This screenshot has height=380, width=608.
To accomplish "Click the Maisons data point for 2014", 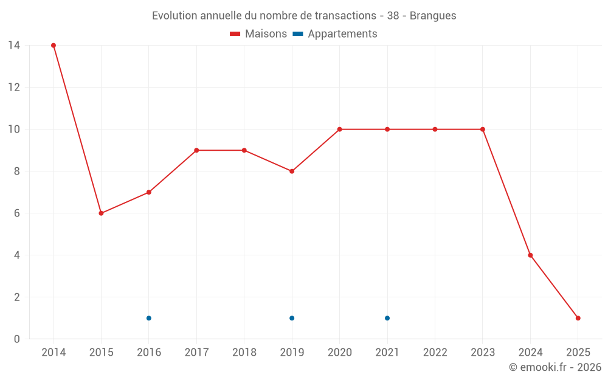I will pyautogui.click(x=54, y=46).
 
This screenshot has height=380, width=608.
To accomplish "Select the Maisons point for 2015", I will pyautogui.click(x=101, y=213).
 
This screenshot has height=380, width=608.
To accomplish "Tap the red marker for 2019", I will pyautogui.click(x=292, y=171).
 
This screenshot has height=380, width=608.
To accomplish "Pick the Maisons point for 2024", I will pyautogui.click(x=530, y=255).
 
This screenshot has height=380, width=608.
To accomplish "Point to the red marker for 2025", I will pyautogui.click(x=578, y=318).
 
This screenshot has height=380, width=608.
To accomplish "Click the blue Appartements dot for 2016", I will pyautogui.click(x=149, y=318).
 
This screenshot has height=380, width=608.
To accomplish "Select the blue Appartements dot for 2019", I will pyautogui.click(x=292, y=318).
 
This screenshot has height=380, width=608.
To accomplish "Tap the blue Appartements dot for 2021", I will pyautogui.click(x=387, y=318).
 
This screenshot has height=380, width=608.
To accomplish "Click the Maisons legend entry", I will pyautogui.click(x=258, y=34).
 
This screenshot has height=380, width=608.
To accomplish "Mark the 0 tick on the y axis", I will pyautogui.click(x=17, y=339).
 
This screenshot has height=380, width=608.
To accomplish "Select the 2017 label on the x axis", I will pyautogui.click(x=196, y=353).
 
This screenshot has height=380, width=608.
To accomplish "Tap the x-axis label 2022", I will pyautogui.click(x=435, y=353).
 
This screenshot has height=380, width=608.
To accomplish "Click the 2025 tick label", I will pyautogui.click(x=578, y=353).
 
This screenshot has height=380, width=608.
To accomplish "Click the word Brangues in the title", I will pyautogui.click(x=433, y=16).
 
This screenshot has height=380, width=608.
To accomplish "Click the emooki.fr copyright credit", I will pyautogui.click(x=555, y=367).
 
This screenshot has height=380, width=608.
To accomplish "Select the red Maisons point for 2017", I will pyautogui.click(x=196, y=150).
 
